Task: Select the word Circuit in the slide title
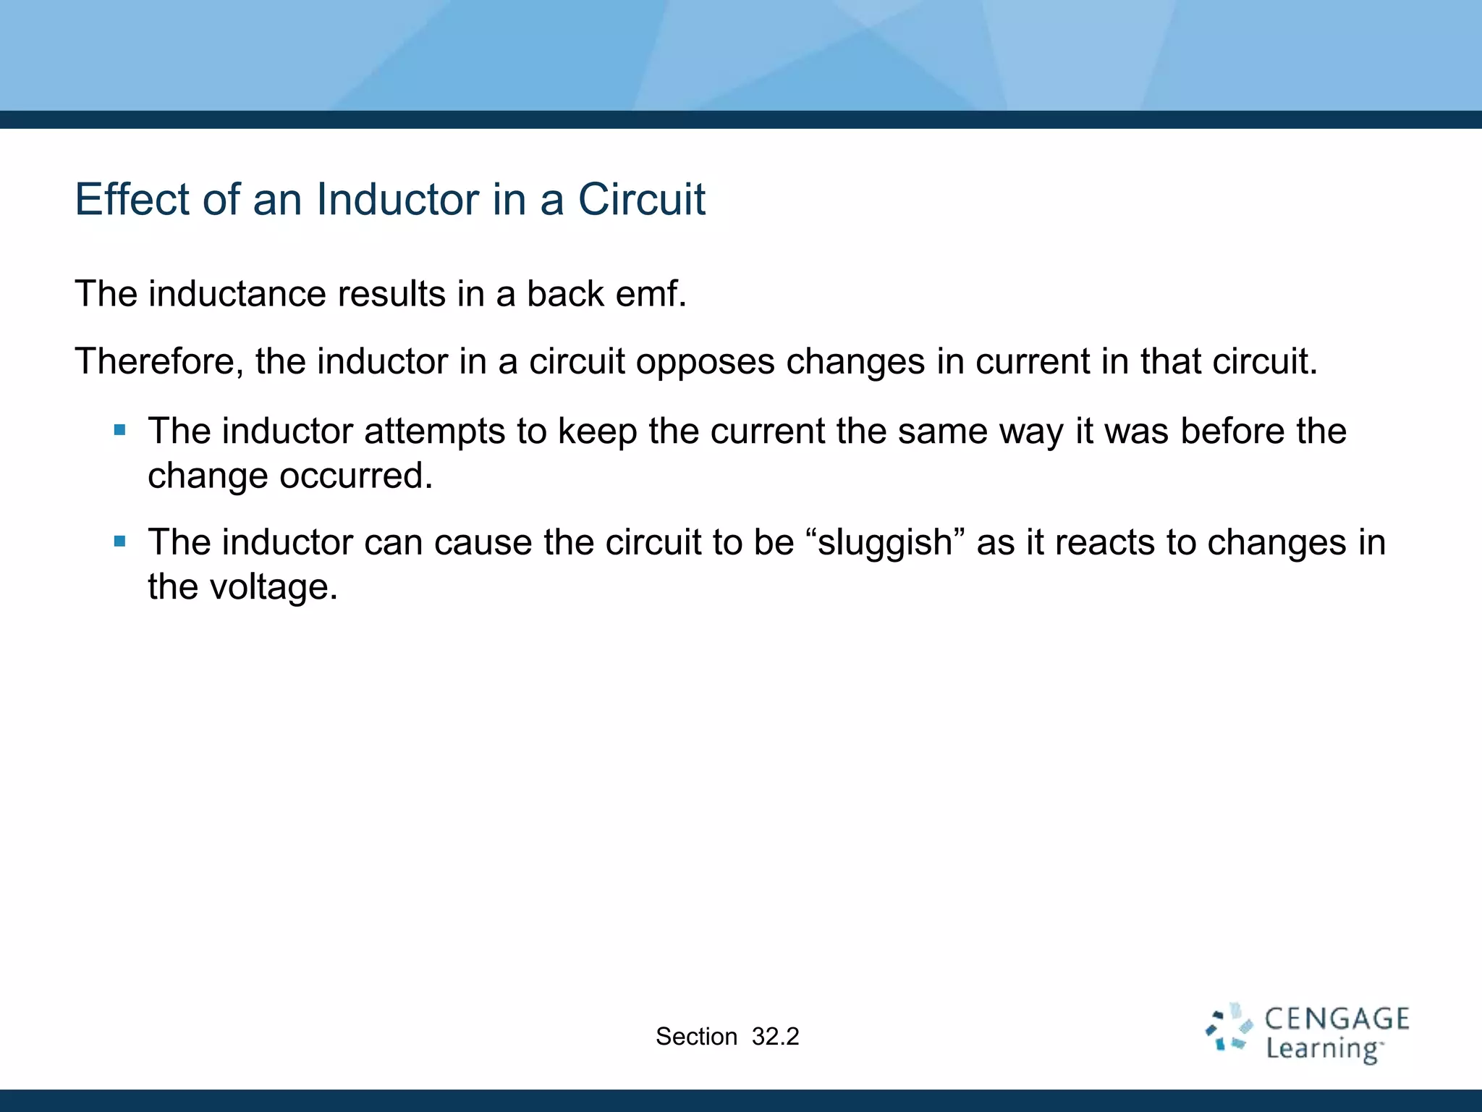click(641, 199)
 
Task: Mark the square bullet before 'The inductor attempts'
click(120, 431)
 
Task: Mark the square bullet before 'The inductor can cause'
click(120, 542)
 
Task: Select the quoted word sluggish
click(884, 543)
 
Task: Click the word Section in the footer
click(696, 1037)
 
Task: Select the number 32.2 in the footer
click(775, 1037)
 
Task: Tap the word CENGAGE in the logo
click(1337, 1019)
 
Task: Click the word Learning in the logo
click(1324, 1049)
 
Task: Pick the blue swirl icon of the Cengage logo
click(1229, 1027)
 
